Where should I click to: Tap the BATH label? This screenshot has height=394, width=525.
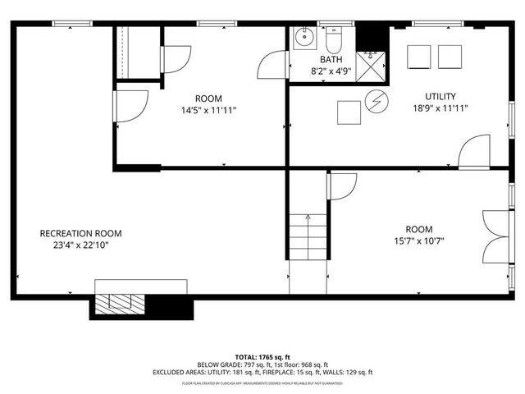point(331,60)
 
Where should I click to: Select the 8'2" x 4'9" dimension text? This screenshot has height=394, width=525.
point(331,71)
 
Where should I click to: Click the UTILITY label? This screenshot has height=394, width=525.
point(441,96)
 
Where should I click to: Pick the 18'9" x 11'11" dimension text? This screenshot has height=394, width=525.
point(441,108)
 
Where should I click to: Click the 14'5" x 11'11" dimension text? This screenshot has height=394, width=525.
point(209,110)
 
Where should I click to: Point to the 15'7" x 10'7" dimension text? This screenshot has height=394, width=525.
point(418,241)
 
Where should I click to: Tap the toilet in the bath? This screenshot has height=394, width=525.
point(334,39)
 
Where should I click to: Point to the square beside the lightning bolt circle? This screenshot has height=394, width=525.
point(348,111)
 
